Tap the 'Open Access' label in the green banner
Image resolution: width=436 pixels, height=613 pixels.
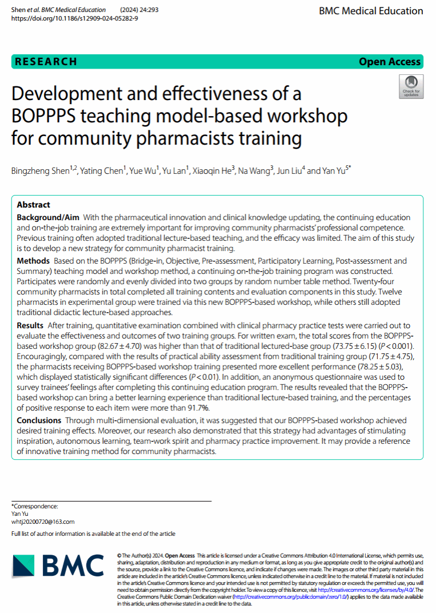coord(389,62)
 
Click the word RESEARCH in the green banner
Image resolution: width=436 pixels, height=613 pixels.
coord(46,62)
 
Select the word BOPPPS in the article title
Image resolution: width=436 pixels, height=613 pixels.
coord(41,116)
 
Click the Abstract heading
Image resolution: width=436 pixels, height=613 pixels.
coord(33,205)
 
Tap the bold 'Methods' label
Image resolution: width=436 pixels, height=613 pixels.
coord(34,261)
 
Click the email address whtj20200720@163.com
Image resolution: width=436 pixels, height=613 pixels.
coord(43,522)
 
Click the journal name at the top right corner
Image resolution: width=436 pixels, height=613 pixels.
coord(379,11)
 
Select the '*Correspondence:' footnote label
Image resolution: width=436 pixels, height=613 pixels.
coord(34,506)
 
